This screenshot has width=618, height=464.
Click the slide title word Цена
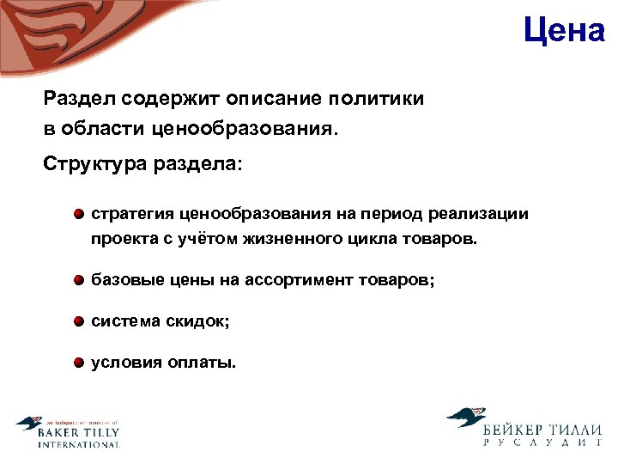[564, 31]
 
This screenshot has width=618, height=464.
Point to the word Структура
[94, 163]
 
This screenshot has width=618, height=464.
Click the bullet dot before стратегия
[78, 214]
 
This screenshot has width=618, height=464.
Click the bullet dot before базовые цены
[78, 280]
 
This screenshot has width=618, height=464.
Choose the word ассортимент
[296, 280]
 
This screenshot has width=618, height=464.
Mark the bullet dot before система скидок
[78, 321]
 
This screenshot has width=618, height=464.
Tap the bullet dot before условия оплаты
[78, 363]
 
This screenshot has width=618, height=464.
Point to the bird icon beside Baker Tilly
[28, 424]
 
